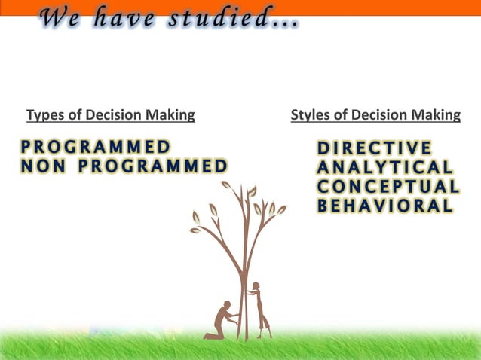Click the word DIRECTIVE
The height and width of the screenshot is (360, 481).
[375, 148]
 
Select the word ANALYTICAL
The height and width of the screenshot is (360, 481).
[384, 166]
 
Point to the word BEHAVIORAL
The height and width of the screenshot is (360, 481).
[384, 206]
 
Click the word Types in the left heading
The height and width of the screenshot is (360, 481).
[44, 115]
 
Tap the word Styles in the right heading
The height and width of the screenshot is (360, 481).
[308, 115]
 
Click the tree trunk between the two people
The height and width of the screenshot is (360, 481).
[243, 301]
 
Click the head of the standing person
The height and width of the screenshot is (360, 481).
[256, 285]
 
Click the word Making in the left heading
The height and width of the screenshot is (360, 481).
[171, 115]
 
